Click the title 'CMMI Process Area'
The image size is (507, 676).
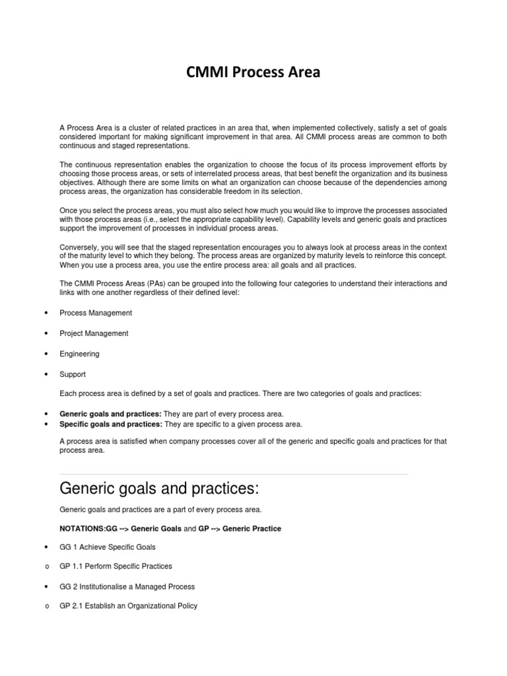point(253,73)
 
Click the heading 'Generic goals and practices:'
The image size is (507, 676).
point(158,490)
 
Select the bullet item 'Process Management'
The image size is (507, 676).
point(96,313)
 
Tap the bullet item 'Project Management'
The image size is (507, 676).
point(94,333)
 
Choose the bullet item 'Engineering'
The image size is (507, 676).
point(79,354)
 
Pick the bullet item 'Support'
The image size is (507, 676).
point(73,374)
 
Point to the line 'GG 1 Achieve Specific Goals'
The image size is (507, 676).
point(108,547)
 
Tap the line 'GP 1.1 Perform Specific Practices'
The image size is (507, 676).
point(116,566)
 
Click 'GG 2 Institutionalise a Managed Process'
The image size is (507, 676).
point(127,587)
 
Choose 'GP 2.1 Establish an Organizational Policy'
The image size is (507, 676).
point(128,606)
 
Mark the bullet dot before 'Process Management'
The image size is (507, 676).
point(45,313)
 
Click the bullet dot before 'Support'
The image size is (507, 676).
point(45,374)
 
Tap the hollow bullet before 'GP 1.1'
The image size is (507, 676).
point(45,567)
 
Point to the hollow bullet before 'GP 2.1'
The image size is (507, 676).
point(45,607)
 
